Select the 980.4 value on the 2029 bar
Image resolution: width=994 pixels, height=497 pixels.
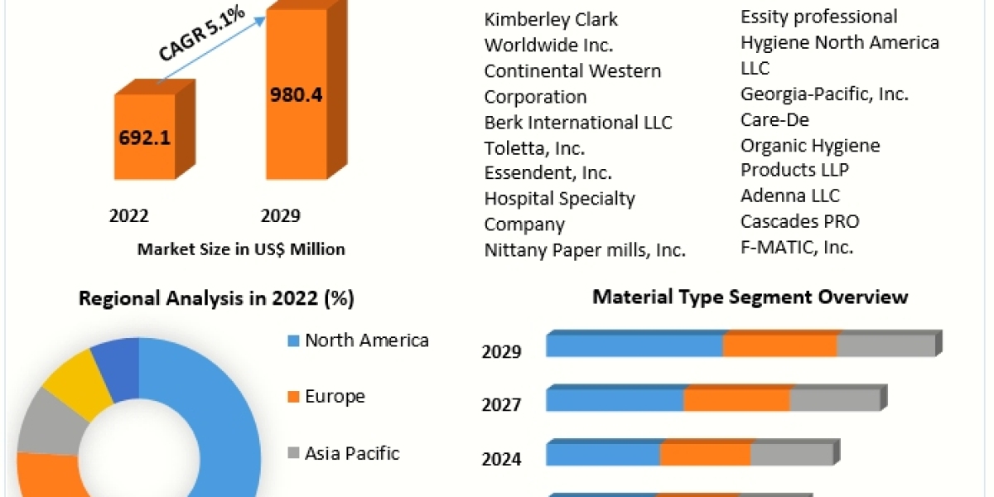pyautogui.click(x=296, y=94)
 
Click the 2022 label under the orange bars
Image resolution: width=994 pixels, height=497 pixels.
pyautogui.click(x=129, y=216)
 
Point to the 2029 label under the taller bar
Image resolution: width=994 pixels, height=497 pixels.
pyautogui.click(x=281, y=216)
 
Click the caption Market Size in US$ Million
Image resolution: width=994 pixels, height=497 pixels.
pyautogui.click(x=241, y=248)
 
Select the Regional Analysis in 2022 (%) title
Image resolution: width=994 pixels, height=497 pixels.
pyautogui.click(x=216, y=299)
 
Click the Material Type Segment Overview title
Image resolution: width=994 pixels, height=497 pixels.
pyautogui.click(x=750, y=297)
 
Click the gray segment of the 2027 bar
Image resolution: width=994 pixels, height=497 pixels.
pyautogui.click(x=833, y=400)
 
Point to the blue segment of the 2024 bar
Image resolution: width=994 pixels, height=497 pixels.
pyautogui.click(x=602, y=455)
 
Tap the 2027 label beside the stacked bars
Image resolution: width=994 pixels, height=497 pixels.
pyautogui.click(x=501, y=405)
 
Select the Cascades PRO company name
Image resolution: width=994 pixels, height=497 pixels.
pyautogui.click(x=800, y=221)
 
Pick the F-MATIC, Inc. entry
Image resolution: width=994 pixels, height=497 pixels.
pyautogui.click(x=797, y=247)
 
